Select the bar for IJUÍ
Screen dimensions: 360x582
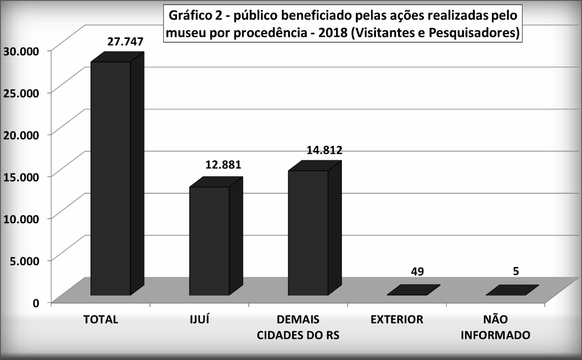(x=209, y=241)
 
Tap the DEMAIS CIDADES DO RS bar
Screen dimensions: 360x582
(x=308, y=233)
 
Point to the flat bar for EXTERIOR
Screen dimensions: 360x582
(x=413, y=290)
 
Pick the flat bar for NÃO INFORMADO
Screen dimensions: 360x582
(x=512, y=290)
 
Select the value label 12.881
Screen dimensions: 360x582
(x=223, y=165)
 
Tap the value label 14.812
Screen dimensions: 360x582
(x=324, y=151)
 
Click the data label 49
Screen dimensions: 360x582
(x=417, y=271)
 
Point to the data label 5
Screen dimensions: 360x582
(x=516, y=271)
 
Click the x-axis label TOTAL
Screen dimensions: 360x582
(x=100, y=319)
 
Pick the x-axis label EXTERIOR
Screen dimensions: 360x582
(x=397, y=319)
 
